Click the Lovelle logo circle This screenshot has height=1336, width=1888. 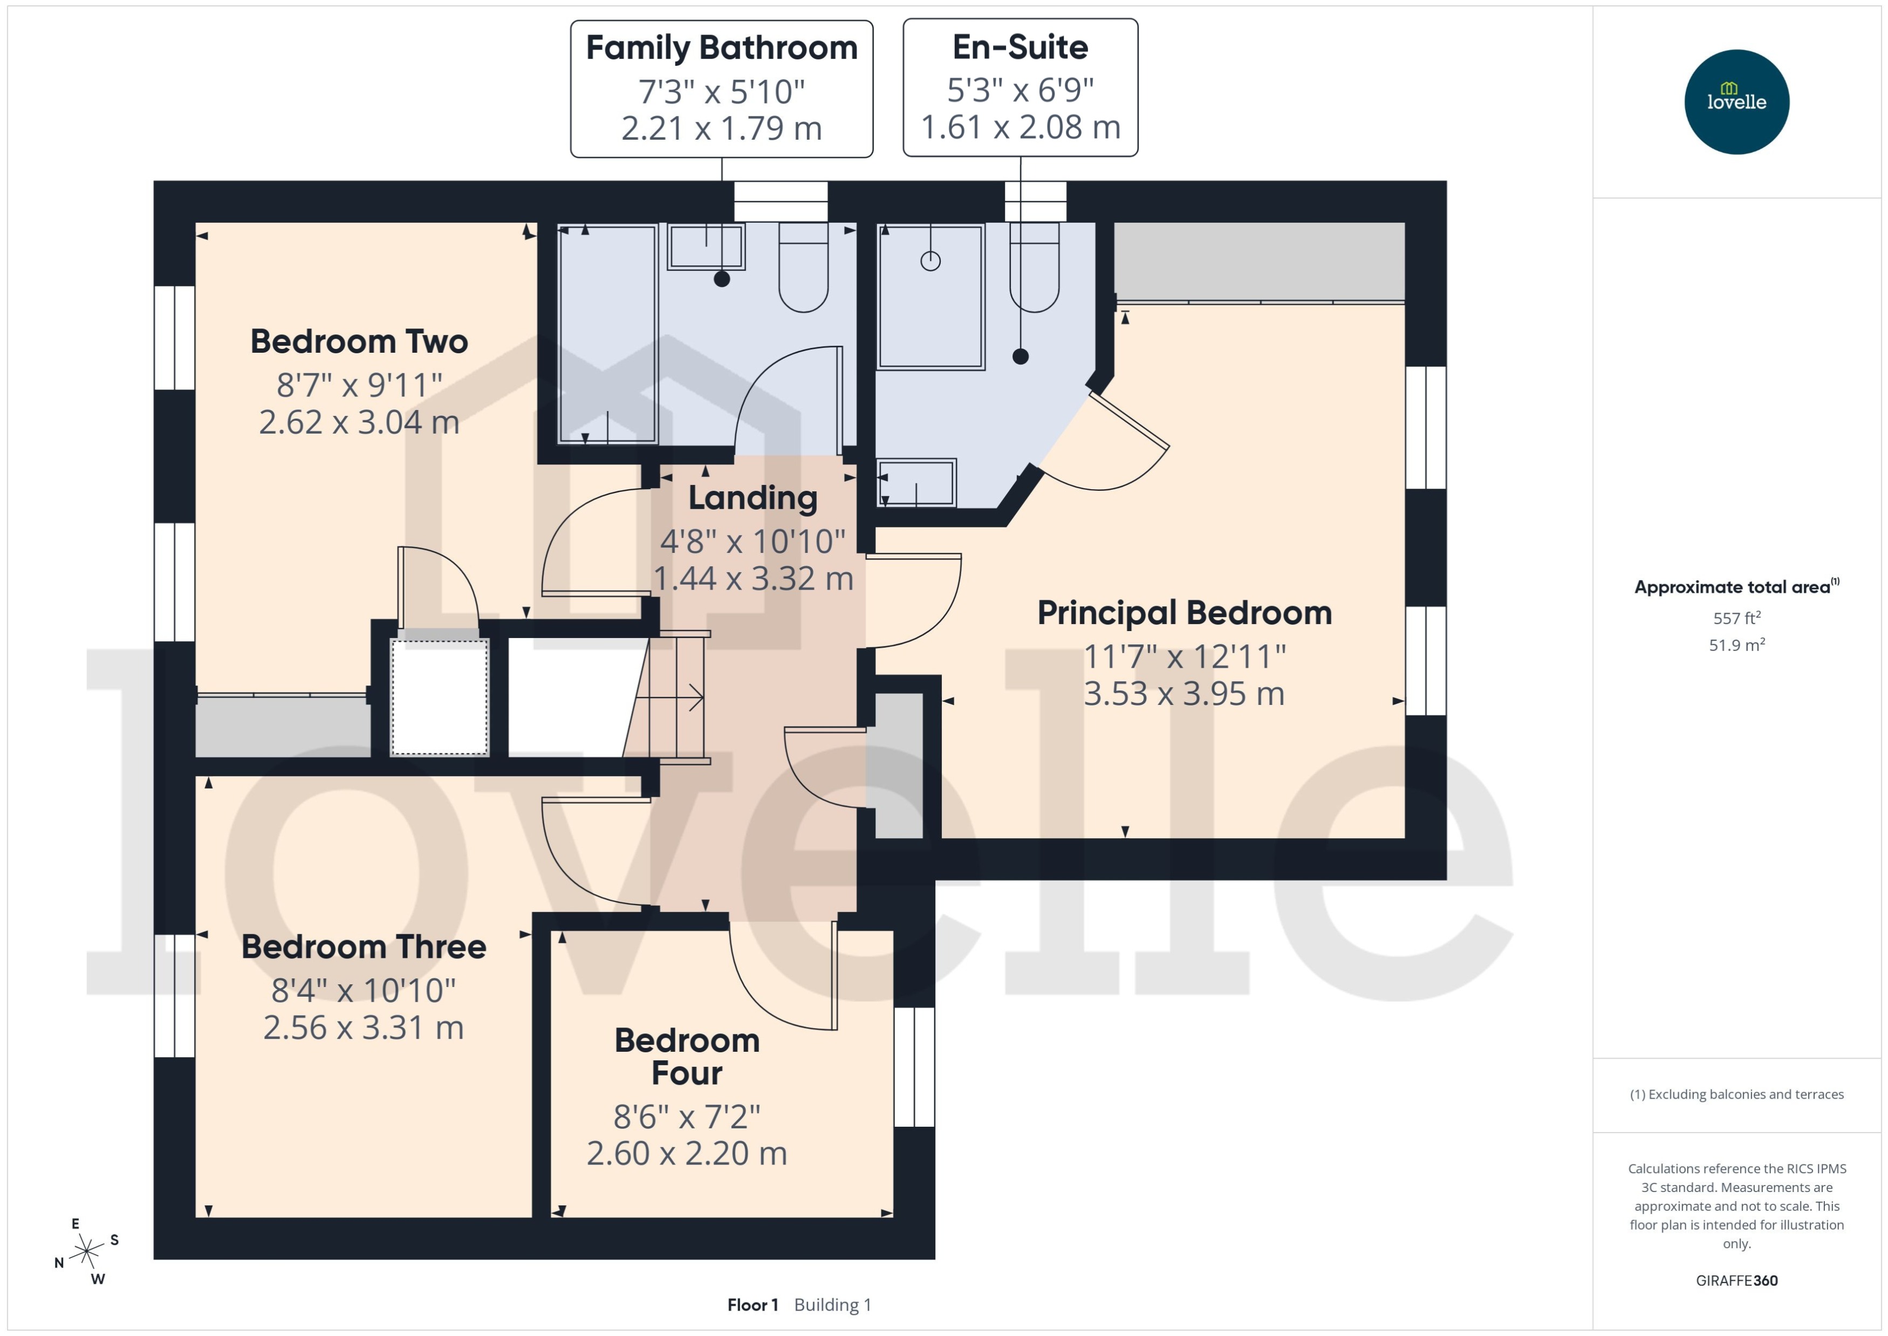1736,101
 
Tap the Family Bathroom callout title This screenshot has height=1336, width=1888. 721,47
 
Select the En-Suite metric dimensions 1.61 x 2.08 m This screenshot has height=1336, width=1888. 1020,127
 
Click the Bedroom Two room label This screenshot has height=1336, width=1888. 359,341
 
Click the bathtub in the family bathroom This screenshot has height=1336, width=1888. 607,333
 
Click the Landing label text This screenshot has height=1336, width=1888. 753,498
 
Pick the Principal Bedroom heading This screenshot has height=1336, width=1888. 1184,613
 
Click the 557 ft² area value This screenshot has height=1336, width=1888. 1736,618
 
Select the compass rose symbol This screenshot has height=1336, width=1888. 86,1251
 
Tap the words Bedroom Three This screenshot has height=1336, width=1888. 363,947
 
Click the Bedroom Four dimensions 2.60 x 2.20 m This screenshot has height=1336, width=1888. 686,1153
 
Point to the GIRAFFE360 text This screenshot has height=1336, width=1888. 1736,1280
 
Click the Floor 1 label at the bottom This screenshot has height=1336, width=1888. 752,1305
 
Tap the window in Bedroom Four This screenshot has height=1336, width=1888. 913,1066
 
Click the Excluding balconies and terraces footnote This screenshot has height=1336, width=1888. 1736,1094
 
